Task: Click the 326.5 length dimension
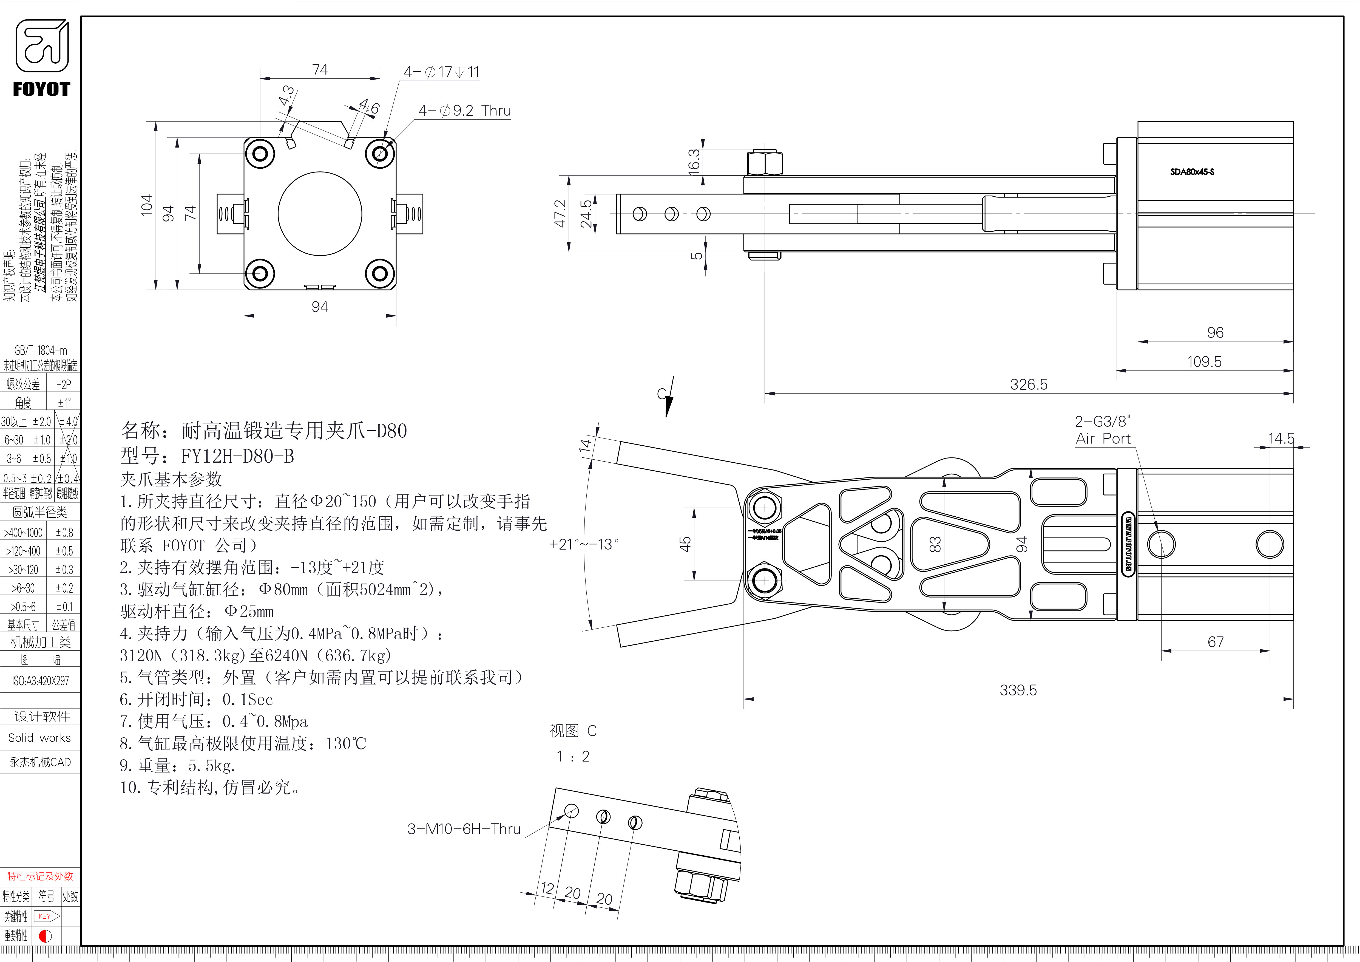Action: click(x=1028, y=384)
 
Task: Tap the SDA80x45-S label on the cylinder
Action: click(x=1192, y=172)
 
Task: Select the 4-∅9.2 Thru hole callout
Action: click(x=464, y=111)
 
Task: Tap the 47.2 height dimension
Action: click(x=560, y=213)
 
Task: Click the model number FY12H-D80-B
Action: click(x=237, y=456)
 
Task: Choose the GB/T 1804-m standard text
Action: click(x=40, y=350)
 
